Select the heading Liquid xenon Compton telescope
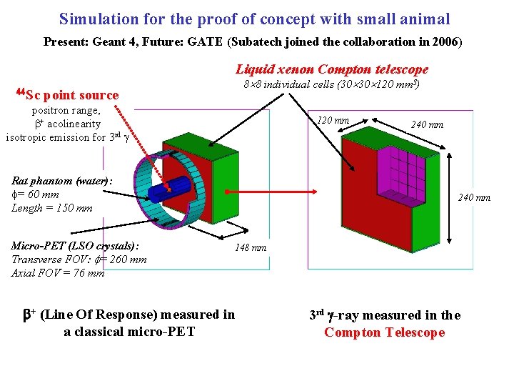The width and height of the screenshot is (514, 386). pyautogui.click(x=332, y=69)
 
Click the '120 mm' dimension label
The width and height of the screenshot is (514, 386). pyautogui.click(x=333, y=121)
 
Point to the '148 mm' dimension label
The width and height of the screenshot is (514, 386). pyautogui.click(x=251, y=248)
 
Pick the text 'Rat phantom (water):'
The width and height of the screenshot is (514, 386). pyautogui.click(x=61, y=182)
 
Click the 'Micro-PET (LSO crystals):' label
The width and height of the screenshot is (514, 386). pyautogui.click(x=75, y=246)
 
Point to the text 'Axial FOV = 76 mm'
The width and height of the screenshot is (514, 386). pyautogui.click(x=58, y=272)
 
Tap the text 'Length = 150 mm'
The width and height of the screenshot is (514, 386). pyautogui.click(x=52, y=208)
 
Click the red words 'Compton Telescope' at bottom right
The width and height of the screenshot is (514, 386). pyautogui.click(x=384, y=332)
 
